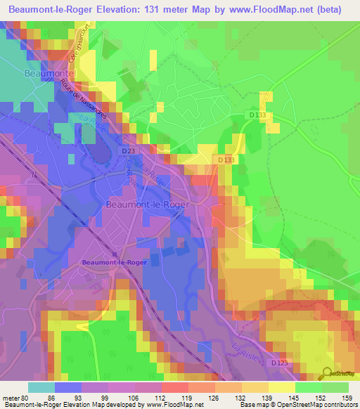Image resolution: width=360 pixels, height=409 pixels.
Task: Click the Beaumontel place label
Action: click(48, 73)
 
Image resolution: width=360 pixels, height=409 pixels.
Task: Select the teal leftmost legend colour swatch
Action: click(41, 387)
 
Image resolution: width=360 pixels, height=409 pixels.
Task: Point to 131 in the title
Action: click(150, 9)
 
